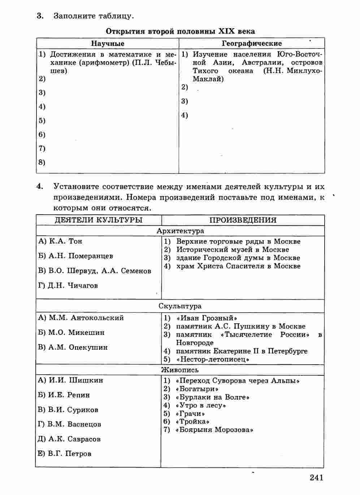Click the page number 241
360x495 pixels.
(x=316, y=478)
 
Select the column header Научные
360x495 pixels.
(x=108, y=43)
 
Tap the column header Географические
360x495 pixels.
(x=252, y=43)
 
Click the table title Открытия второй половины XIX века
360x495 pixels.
(x=180, y=31)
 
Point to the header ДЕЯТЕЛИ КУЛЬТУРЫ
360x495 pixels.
(x=98, y=220)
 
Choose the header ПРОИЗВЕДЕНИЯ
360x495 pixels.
(x=243, y=220)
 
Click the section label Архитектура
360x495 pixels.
(x=180, y=231)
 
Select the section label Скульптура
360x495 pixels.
(x=180, y=306)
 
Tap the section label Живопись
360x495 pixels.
(x=180, y=370)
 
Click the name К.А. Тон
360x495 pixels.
(x=65, y=241)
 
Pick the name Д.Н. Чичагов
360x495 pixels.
(x=73, y=285)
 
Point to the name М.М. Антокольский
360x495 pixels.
(x=86, y=318)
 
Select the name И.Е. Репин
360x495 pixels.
(x=69, y=395)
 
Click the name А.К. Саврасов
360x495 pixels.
(x=74, y=439)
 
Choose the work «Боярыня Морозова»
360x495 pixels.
(x=214, y=430)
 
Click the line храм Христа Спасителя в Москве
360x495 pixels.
(x=238, y=266)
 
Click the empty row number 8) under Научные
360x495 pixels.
(x=42, y=162)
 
